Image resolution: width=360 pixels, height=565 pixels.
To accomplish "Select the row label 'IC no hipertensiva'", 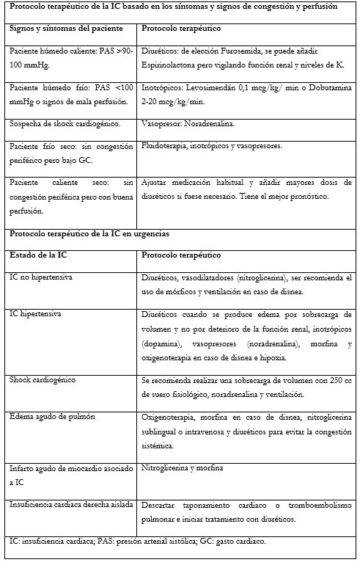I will point(41,278).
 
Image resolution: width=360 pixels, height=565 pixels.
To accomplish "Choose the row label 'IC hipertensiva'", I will point(35,314).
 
